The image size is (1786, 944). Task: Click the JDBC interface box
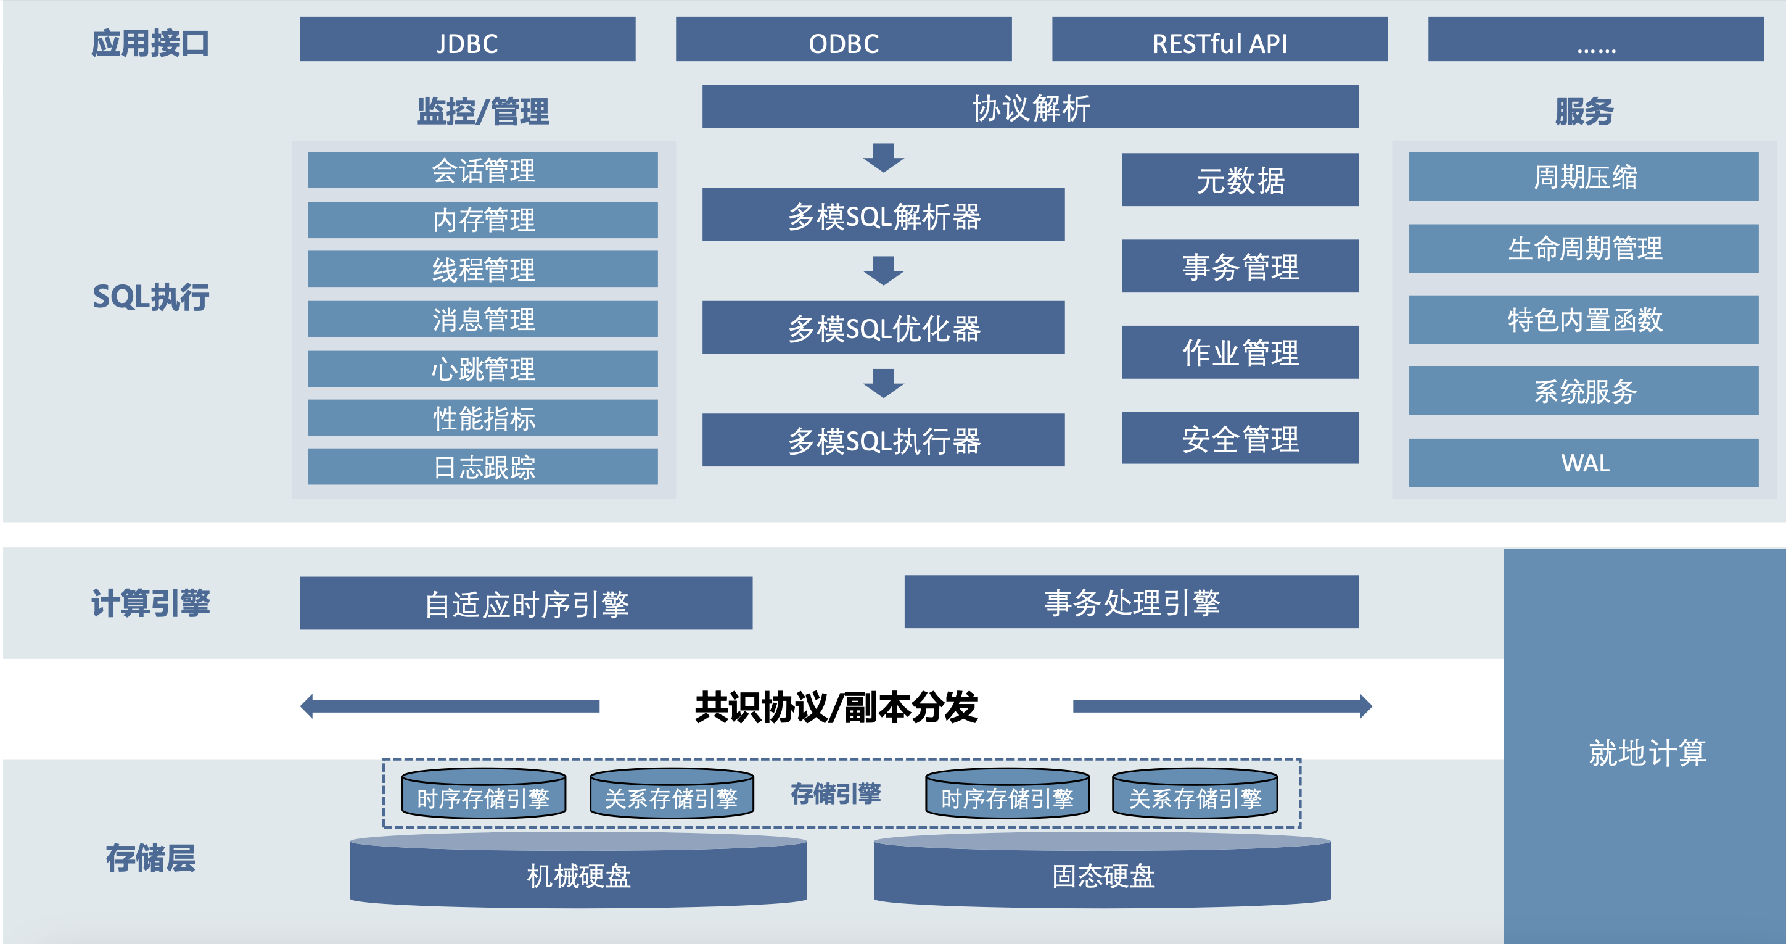(467, 39)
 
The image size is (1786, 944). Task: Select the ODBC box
(843, 39)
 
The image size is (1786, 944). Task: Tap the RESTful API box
(1220, 39)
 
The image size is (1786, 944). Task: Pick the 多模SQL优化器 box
(883, 328)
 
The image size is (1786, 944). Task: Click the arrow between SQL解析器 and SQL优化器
(883, 270)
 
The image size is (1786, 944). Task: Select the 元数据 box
(1240, 180)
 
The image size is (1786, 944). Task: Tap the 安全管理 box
(1240, 438)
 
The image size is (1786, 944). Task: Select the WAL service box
(1584, 463)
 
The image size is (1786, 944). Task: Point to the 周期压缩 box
(1584, 176)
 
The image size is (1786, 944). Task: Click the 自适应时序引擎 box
(525, 603)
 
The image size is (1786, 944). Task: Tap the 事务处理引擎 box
(1131, 602)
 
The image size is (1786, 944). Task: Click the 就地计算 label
(1647, 752)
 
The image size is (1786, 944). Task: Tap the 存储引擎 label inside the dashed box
(836, 793)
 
